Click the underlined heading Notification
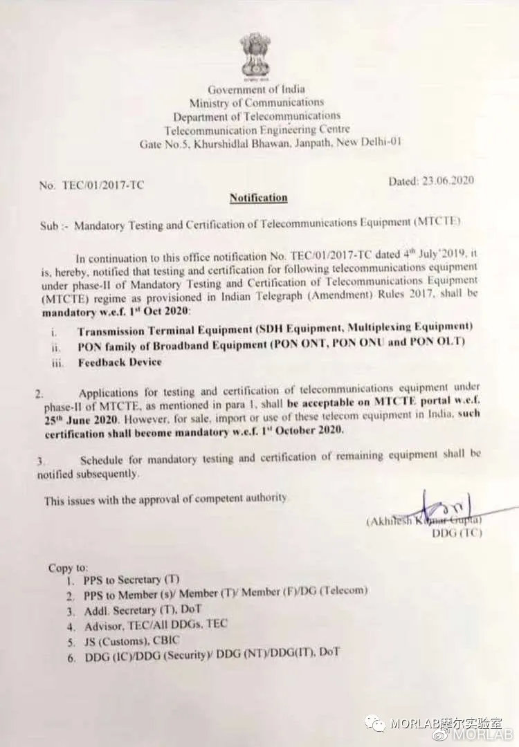pyautogui.click(x=258, y=198)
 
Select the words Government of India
pyautogui.click(x=256, y=89)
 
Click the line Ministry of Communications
pyautogui.click(x=256, y=102)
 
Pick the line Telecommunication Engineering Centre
pyautogui.click(x=257, y=129)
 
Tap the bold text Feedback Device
pyautogui.click(x=120, y=362)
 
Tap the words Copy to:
pyautogui.click(x=68, y=568)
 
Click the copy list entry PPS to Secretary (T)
pyautogui.click(x=131, y=580)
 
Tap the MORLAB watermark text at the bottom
pyautogui.click(x=443, y=724)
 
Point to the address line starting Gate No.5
pyautogui.click(x=270, y=143)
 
